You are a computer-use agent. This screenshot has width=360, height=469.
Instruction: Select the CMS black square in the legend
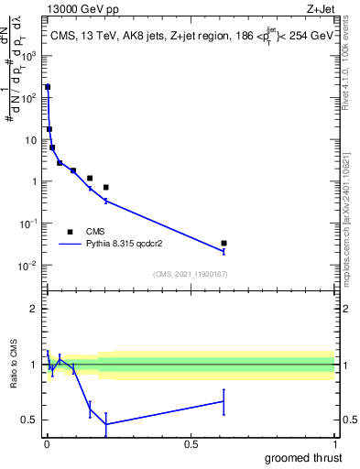pos(70,232)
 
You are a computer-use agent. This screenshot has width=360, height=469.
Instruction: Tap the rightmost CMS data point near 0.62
pos(224,243)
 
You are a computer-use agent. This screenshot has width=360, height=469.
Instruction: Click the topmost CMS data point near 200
pos(48,87)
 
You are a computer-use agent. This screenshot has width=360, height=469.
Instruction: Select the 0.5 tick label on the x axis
pos(191,444)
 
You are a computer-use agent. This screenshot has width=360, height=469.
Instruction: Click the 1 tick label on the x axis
pos(335,444)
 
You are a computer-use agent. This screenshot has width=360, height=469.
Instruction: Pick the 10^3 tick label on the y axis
pos(29,56)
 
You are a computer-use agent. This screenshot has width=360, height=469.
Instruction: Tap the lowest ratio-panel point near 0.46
pos(107,424)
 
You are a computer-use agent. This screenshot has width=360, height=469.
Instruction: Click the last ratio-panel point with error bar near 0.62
pos(224,401)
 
